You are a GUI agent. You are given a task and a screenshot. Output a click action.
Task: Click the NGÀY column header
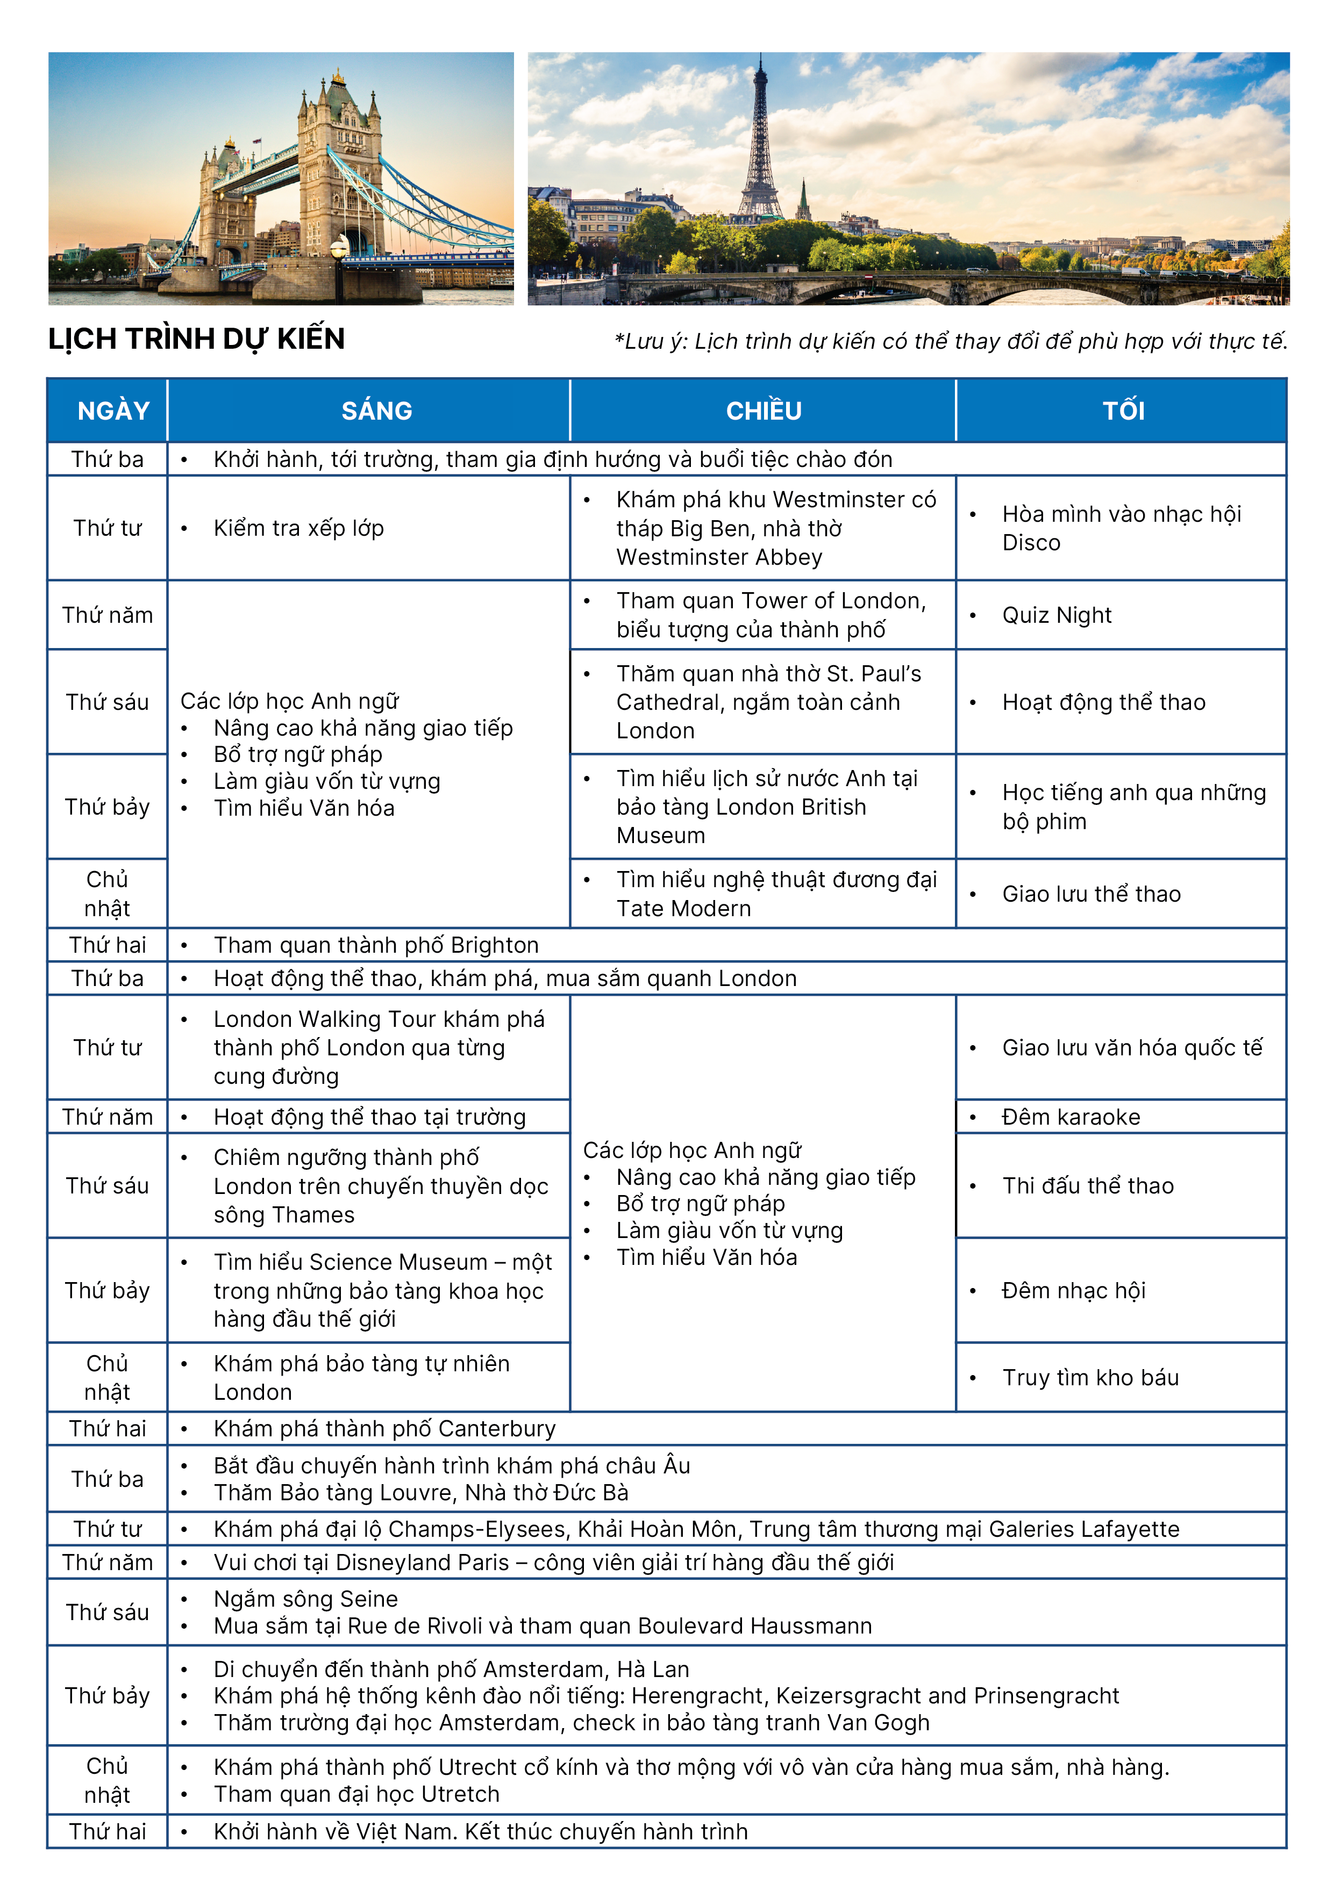[113, 411]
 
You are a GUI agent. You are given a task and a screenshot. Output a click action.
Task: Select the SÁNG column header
[377, 411]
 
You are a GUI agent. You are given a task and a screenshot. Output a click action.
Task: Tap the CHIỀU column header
[763, 411]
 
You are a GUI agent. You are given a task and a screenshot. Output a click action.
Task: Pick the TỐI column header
[1123, 411]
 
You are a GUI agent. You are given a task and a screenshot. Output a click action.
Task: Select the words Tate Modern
[683, 909]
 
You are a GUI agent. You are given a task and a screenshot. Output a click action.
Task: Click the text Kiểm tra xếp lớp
[298, 529]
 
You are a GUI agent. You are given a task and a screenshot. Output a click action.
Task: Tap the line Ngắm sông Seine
[305, 1599]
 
